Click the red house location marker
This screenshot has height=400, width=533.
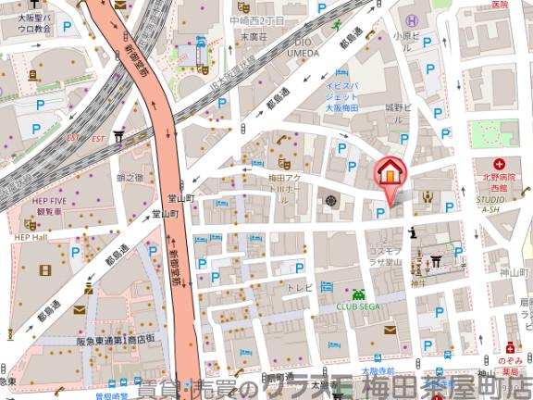pyautogui.click(x=390, y=173)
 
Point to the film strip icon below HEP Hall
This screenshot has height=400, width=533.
pyautogui.click(x=46, y=269)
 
